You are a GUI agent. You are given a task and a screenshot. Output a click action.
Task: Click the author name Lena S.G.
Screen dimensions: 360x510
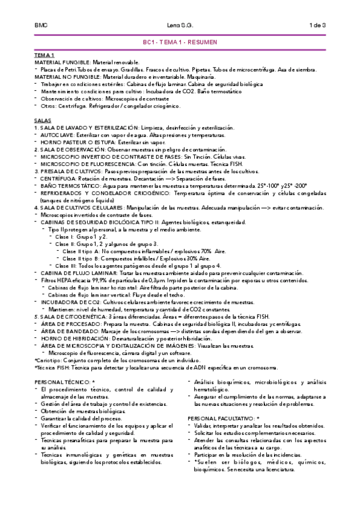(x=180, y=25)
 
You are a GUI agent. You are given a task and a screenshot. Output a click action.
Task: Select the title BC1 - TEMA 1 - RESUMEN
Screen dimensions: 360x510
(x=180, y=44)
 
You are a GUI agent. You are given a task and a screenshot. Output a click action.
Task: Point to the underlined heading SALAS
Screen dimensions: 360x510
(x=43, y=121)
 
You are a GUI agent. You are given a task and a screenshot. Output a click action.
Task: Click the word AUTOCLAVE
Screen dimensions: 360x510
(x=58, y=136)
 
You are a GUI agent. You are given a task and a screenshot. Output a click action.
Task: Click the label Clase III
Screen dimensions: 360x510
(x=66, y=265)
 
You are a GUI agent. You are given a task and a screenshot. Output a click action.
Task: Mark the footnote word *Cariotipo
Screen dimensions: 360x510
(x=48, y=360)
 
